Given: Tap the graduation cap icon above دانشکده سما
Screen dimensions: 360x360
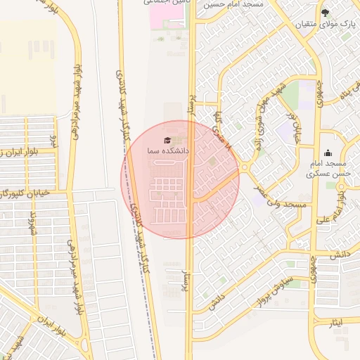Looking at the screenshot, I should point(167,140).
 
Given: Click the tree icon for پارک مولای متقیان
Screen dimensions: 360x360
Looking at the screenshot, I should point(325,13).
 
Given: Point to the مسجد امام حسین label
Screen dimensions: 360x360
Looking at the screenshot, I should point(233,4).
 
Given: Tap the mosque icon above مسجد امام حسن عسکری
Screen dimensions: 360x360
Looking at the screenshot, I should point(328,153).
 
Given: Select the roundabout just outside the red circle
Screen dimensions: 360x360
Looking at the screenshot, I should point(244,167).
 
